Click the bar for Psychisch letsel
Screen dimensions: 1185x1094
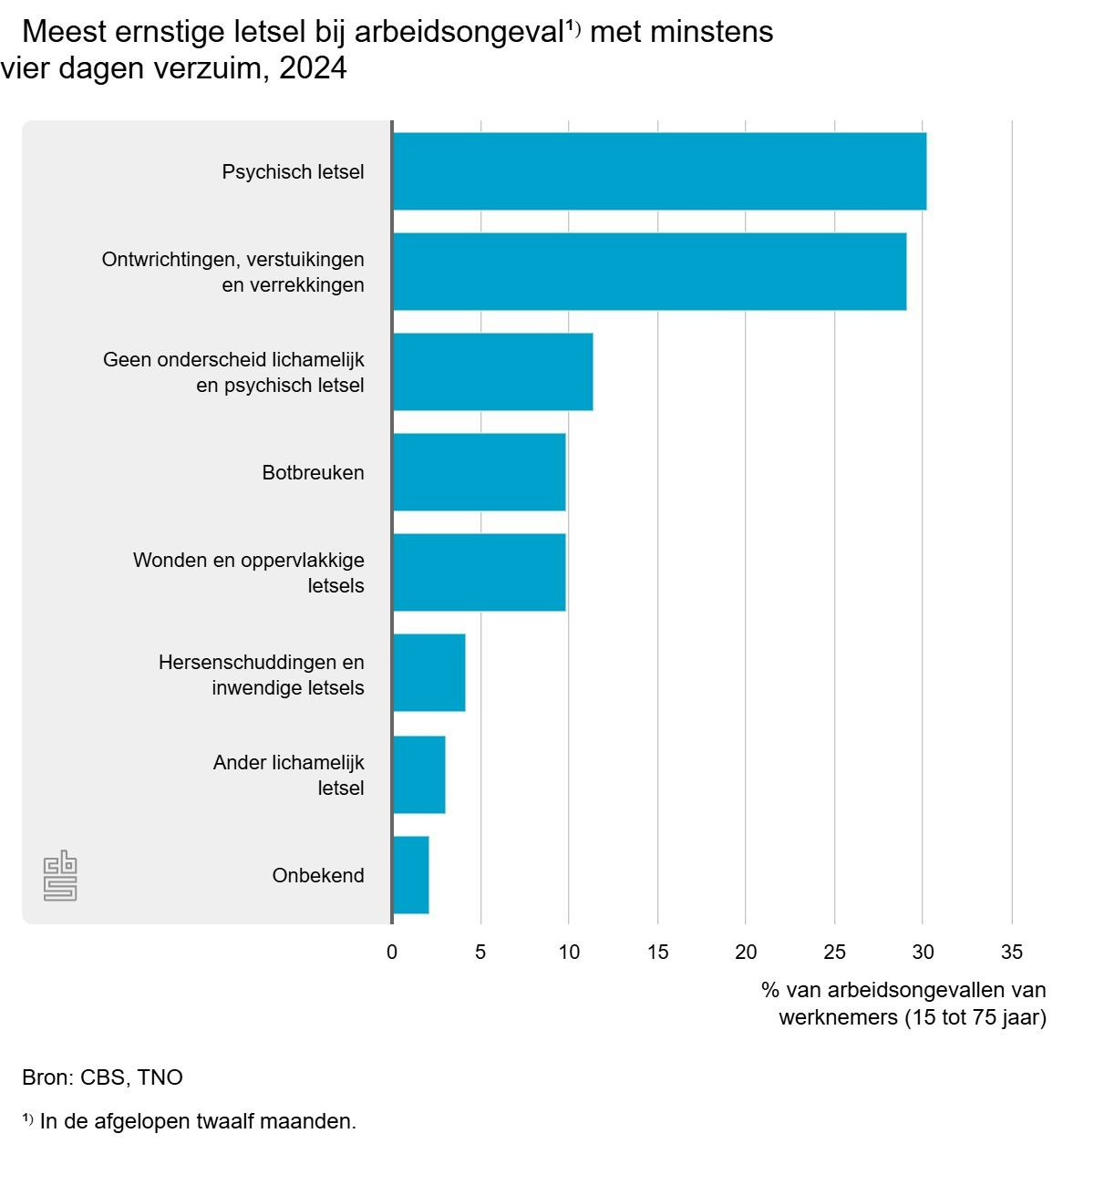[x=659, y=171]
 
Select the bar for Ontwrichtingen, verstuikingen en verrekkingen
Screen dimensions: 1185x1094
[x=649, y=272]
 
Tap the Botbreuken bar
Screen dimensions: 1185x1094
[x=479, y=472]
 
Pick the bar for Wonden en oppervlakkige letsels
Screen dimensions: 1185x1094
[x=479, y=572]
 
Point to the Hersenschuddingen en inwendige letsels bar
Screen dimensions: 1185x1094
[x=428, y=673]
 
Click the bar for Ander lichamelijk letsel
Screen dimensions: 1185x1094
[x=418, y=775]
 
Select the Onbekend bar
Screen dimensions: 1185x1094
[x=410, y=875]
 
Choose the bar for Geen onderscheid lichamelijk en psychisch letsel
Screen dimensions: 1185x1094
[x=492, y=372]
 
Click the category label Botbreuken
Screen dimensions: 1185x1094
[x=313, y=472]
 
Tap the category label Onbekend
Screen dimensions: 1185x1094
[x=317, y=875]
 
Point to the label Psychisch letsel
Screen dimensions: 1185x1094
[x=293, y=171]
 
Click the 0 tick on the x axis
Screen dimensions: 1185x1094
[x=392, y=952]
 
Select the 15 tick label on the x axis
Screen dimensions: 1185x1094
[x=657, y=952]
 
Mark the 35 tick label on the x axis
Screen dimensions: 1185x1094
[x=1011, y=952]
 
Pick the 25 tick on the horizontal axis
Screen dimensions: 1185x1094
[x=834, y=952]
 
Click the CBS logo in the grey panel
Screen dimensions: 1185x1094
[x=60, y=876]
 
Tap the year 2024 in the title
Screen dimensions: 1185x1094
[x=313, y=68]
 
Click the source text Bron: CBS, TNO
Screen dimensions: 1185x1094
[x=102, y=1077]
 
